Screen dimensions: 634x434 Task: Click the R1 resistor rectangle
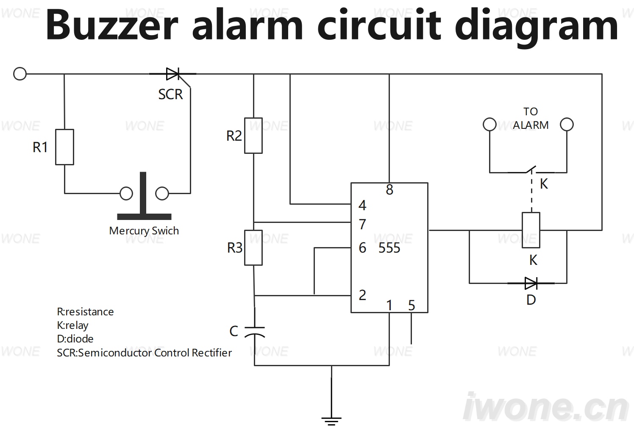tap(64, 147)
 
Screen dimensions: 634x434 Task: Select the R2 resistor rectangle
tap(253, 136)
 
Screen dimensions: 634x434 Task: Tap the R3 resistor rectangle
tap(253, 248)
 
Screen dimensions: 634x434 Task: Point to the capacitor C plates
tap(254, 332)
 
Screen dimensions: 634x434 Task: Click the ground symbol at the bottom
tap(331, 421)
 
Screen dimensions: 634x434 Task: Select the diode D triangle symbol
tap(531, 283)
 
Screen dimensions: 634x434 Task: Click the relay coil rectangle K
tap(531, 230)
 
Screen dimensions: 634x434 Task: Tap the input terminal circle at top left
tap(20, 74)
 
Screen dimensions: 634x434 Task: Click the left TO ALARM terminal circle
tap(489, 125)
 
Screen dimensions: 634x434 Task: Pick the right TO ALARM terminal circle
tap(567, 125)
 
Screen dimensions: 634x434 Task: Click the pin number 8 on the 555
tap(389, 190)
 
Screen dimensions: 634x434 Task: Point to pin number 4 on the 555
tap(362, 205)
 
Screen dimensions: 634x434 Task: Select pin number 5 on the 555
tap(412, 306)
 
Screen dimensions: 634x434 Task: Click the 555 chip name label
tap(389, 248)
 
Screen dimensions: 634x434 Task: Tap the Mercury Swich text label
tap(144, 231)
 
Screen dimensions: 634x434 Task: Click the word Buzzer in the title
tap(112, 25)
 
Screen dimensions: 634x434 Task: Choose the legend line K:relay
tap(73, 325)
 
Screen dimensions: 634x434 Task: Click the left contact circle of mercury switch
tap(126, 194)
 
